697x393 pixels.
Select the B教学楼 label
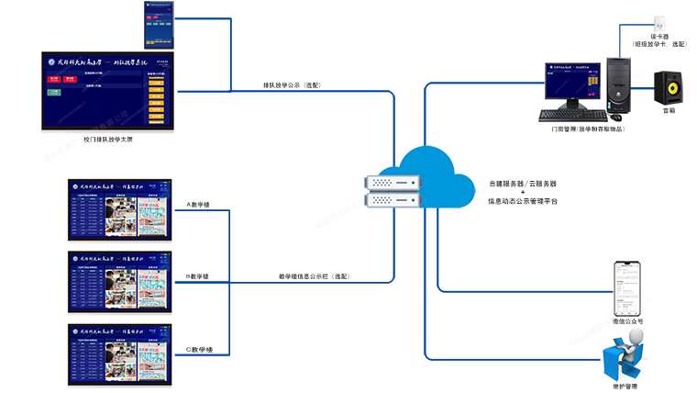[x=198, y=276]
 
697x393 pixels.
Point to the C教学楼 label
[x=198, y=349]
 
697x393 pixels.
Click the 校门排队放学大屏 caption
[x=108, y=140]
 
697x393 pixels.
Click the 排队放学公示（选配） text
[x=293, y=85]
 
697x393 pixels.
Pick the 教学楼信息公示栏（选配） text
[x=315, y=276]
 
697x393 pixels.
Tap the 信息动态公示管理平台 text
[x=522, y=199]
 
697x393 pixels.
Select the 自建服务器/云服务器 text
[x=522, y=183]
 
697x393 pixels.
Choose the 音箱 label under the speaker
[x=669, y=111]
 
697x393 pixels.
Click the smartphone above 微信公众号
[x=627, y=287]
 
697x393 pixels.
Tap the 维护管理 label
[x=627, y=387]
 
